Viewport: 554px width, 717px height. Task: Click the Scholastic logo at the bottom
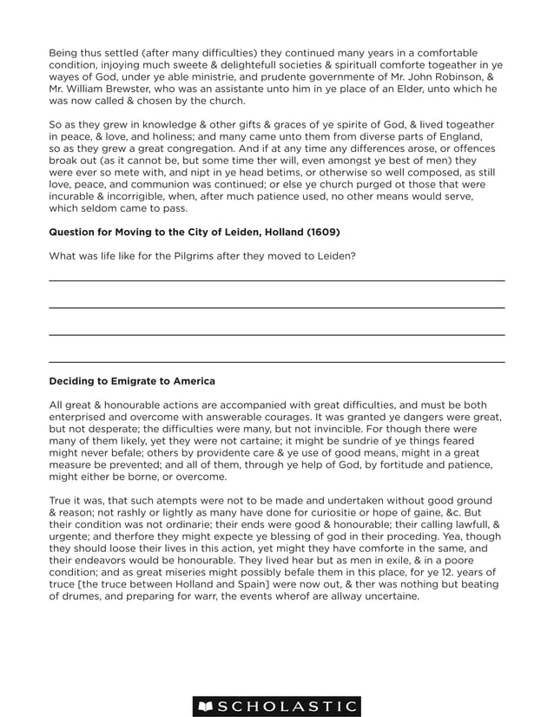click(277, 707)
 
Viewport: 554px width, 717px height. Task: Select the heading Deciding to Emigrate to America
click(132, 381)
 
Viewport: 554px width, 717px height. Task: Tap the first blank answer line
click(276, 280)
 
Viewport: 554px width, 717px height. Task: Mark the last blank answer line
click(276, 361)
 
